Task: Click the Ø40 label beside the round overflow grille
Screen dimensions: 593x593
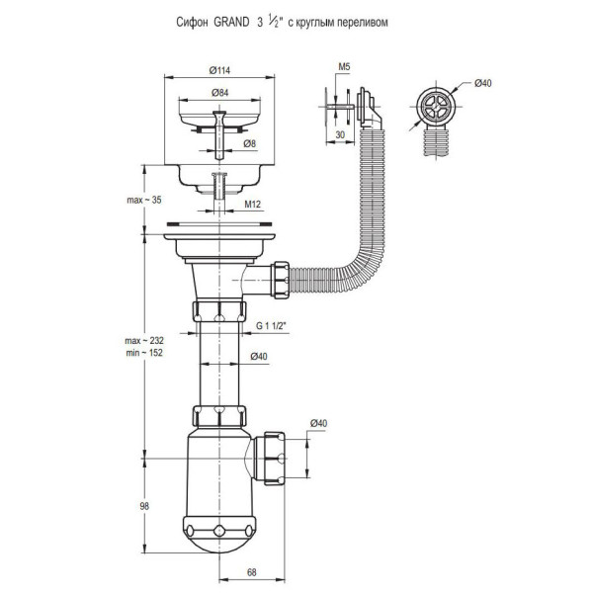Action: (482, 83)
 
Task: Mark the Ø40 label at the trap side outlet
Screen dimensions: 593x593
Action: (319, 425)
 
